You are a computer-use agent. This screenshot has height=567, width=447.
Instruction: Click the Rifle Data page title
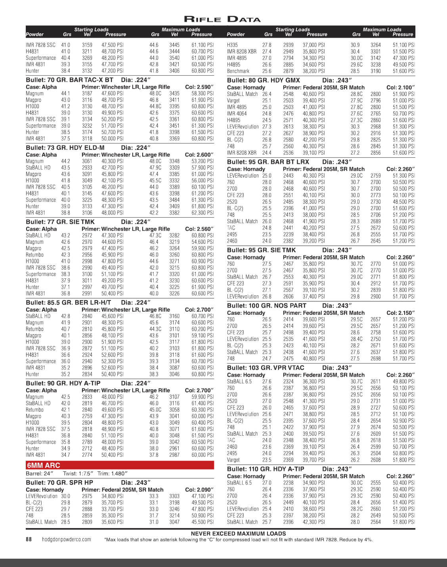222,19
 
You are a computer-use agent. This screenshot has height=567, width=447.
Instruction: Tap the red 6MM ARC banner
44,465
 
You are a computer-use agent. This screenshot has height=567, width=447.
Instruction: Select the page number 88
29,539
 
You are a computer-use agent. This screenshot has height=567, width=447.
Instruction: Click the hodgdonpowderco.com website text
66,539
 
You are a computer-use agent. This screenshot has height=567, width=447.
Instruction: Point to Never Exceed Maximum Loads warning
238,533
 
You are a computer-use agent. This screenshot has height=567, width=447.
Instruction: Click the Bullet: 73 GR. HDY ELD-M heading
65,148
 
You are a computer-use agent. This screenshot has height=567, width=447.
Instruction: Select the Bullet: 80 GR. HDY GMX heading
264,80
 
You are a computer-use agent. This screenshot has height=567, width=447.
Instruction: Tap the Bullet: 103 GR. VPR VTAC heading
266,368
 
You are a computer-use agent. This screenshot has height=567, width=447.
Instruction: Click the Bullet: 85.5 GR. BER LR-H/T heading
68,303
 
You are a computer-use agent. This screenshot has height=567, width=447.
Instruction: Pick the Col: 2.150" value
401,313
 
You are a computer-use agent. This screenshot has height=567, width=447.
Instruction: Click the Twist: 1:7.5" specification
78,473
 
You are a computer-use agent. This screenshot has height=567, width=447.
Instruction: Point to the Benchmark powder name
238,71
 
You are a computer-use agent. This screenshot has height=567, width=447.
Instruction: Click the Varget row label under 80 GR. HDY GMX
233,100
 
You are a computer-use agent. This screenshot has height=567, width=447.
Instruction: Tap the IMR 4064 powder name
237,113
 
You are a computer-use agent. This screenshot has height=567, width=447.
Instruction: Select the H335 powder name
232,45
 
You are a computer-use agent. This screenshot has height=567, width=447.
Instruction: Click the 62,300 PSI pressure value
202,213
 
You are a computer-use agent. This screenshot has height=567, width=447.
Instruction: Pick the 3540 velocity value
174,58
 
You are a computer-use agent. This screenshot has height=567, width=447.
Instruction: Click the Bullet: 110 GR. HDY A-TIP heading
266,469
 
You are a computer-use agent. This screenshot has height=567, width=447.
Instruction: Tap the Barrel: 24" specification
39,473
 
